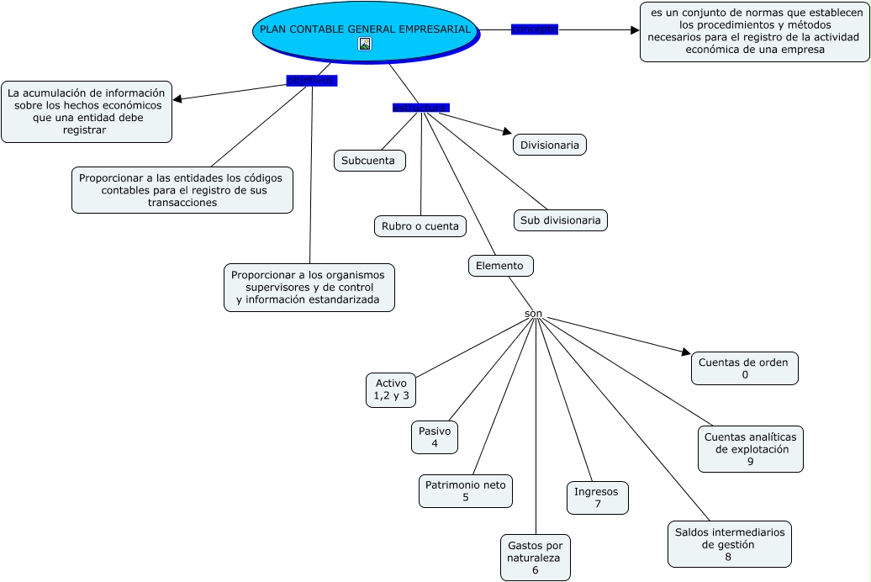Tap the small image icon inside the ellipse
[x=365, y=44]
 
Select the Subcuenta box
[x=370, y=161]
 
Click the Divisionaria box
[x=550, y=145]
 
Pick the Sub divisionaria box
[x=561, y=220]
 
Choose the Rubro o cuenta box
[x=420, y=226]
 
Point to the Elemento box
[x=500, y=266]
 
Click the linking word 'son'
[x=533, y=315]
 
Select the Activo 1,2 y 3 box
[x=391, y=389]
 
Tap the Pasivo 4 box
[x=435, y=437]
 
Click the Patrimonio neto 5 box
[x=466, y=491]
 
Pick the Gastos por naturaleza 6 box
[x=535, y=558]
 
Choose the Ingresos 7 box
[x=597, y=498]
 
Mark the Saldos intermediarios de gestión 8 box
[x=729, y=544]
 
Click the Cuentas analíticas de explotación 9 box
[x=750, y=449]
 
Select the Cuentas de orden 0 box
[x=745, y=368]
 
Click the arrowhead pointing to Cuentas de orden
[x=684, y=352]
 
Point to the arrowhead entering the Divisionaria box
[x=507, y=131]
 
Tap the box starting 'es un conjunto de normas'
[x=754, y=32]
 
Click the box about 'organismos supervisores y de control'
[x=309, y=288]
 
